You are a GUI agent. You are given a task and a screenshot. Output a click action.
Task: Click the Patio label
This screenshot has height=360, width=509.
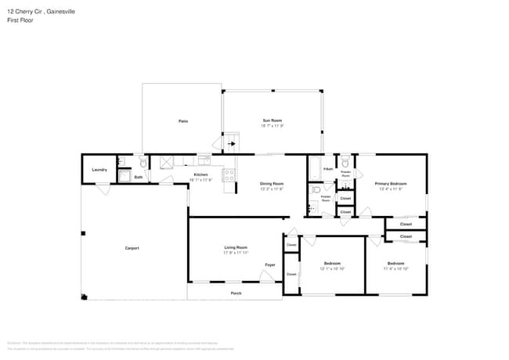pos(182,121)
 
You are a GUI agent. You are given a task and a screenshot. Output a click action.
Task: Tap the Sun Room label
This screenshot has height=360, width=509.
pos(272,121)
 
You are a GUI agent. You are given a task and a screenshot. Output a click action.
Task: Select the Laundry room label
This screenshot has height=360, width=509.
pos(99,169)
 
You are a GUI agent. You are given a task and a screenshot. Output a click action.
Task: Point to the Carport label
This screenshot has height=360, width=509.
pos(132,248)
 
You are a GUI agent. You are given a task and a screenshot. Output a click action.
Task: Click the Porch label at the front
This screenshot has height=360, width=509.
pos(236,293)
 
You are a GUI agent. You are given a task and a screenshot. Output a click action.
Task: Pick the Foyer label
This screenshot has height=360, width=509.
pos(269,265)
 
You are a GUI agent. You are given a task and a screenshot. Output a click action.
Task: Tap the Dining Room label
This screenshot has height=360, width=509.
pos(271,184)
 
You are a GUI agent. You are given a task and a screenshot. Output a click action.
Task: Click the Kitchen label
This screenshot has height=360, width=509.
pos(201,175)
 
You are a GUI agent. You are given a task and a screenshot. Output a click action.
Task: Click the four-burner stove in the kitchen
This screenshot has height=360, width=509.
pos(229,175)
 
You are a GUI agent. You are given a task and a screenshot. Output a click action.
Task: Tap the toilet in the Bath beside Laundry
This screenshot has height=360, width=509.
pos(142,162)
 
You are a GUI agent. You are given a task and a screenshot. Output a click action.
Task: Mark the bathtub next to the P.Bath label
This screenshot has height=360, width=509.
pos(314,167)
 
